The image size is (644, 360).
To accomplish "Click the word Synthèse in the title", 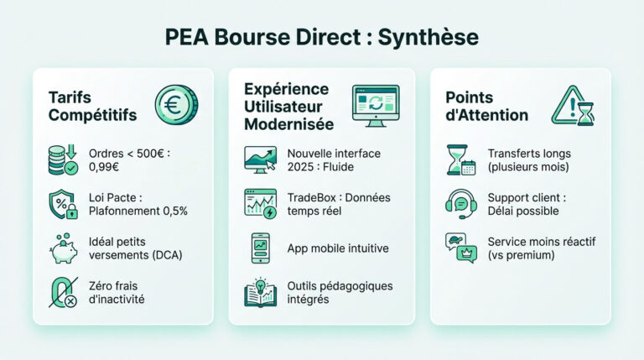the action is click(x=428, y=38).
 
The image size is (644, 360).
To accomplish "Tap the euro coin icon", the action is click(x=176, y=105).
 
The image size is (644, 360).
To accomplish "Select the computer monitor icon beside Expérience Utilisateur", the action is click(x=376, y=106).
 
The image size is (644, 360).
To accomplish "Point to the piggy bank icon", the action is click(x=64, y=248).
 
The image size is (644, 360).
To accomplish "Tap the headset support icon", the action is click(x=461, y=204).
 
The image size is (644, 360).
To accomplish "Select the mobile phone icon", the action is click(x=261, y=248).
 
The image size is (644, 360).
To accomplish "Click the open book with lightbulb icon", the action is click(x=261, y=292).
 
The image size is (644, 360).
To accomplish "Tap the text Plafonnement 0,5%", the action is click(x=138, y=211).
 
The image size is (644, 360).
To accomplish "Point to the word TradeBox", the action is click(x=312, y=198).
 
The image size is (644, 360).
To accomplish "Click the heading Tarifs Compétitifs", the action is click(x=92, y=107).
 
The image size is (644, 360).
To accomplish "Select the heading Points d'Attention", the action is click(x=486, y=107).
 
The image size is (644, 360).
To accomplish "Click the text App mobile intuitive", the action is click(x=338, y=248).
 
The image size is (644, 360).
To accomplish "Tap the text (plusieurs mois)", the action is click(x=528, y=167).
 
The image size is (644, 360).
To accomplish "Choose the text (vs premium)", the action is click(x=522, y=255).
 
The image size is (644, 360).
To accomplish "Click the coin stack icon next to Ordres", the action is click(x=63, y=160).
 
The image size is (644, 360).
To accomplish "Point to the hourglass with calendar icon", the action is click(x=461, y=160).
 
